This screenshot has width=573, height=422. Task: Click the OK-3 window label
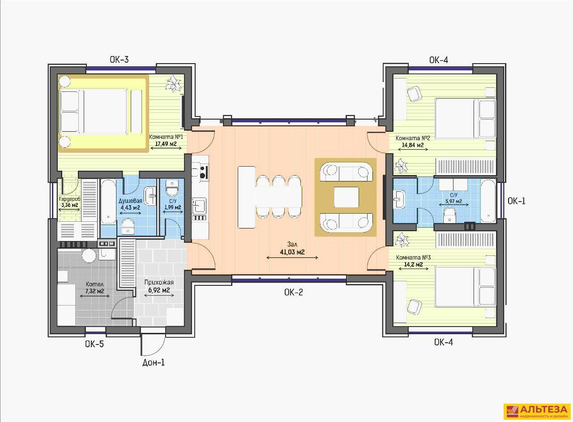click(x=119, y=60)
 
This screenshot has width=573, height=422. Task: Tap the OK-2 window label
click(x=293, y=292)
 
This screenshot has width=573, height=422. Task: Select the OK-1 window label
click(x=517, y=201)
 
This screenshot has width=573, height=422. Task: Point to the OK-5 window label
click(x=94, y=344)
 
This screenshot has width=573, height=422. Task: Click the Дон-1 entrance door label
click(x=154, y=362)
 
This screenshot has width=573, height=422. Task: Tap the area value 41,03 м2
click(x=292, y=252)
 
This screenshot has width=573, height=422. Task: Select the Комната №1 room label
click(x=166, y=137)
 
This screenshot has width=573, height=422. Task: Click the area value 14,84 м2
click(x=413, y=145)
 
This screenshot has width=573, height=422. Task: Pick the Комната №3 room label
click(x=413, y=257)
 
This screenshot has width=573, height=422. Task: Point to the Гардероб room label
click(x=69, y=199)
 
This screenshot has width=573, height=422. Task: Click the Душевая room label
click(x=130, y=201)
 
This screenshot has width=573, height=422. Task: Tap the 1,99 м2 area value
click(x=173, y=207)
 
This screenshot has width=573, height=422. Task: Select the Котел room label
click(x=94, y=284)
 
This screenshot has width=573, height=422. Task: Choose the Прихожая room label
click(x=159, y=282)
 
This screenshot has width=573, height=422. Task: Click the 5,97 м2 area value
click(x=453, y=201)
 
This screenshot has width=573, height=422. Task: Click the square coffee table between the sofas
click(x=346, y=197)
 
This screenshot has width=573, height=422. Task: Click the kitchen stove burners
click(x=203, y=172)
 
